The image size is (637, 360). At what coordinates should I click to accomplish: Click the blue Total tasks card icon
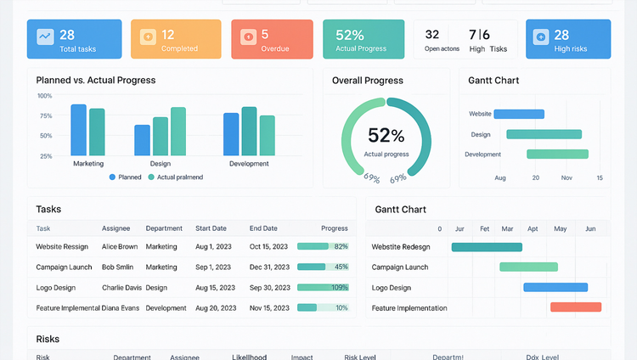point(44,37)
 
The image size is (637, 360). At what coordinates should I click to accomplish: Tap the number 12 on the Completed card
point(168,35)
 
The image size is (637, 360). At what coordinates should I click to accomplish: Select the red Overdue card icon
point(248,37)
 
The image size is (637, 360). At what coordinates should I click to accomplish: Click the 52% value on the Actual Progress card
point(350,35)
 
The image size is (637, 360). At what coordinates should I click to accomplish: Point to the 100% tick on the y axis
point(45,96)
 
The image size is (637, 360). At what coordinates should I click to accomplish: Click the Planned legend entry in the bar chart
point(125,177)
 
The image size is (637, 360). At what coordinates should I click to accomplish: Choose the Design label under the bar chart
point(160,163)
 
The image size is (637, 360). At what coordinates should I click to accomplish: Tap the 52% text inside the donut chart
point(386,135)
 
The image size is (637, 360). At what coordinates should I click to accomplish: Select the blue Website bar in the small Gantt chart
point(519,114)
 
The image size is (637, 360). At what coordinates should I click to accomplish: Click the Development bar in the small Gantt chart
point(557,155)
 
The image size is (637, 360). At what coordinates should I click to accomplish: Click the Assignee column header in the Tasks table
point(116,228)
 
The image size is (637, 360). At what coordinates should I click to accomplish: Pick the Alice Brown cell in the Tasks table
point(120,246)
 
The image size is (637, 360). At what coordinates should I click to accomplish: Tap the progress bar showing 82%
point(323,246)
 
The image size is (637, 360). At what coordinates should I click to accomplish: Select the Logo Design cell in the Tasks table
point(56,287)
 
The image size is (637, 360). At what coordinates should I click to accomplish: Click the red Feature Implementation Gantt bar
point(575,307)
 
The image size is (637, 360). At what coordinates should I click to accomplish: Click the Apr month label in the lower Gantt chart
point(533,229)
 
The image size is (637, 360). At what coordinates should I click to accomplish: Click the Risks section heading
point(48,339)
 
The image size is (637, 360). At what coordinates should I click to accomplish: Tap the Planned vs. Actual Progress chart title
point(96,81)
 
